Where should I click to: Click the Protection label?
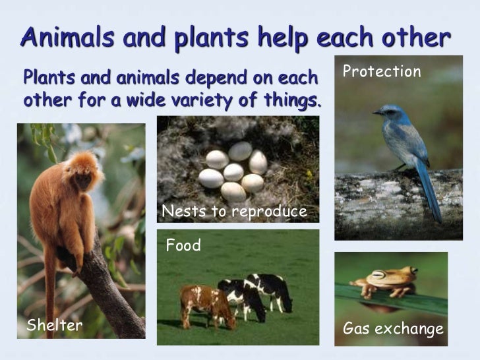(x=382, y=72)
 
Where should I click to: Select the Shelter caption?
(x=54, y=324)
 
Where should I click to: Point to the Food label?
(x=183, y=247)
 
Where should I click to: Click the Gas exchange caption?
(x=393, y=329)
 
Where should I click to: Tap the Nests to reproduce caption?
(x=235, y=212)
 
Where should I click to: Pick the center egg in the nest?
(x=233, y=172)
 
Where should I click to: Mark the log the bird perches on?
(x=396, y=204)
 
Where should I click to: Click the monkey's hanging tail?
(x=50, y=290)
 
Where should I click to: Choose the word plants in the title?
(x=206, y=38)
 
